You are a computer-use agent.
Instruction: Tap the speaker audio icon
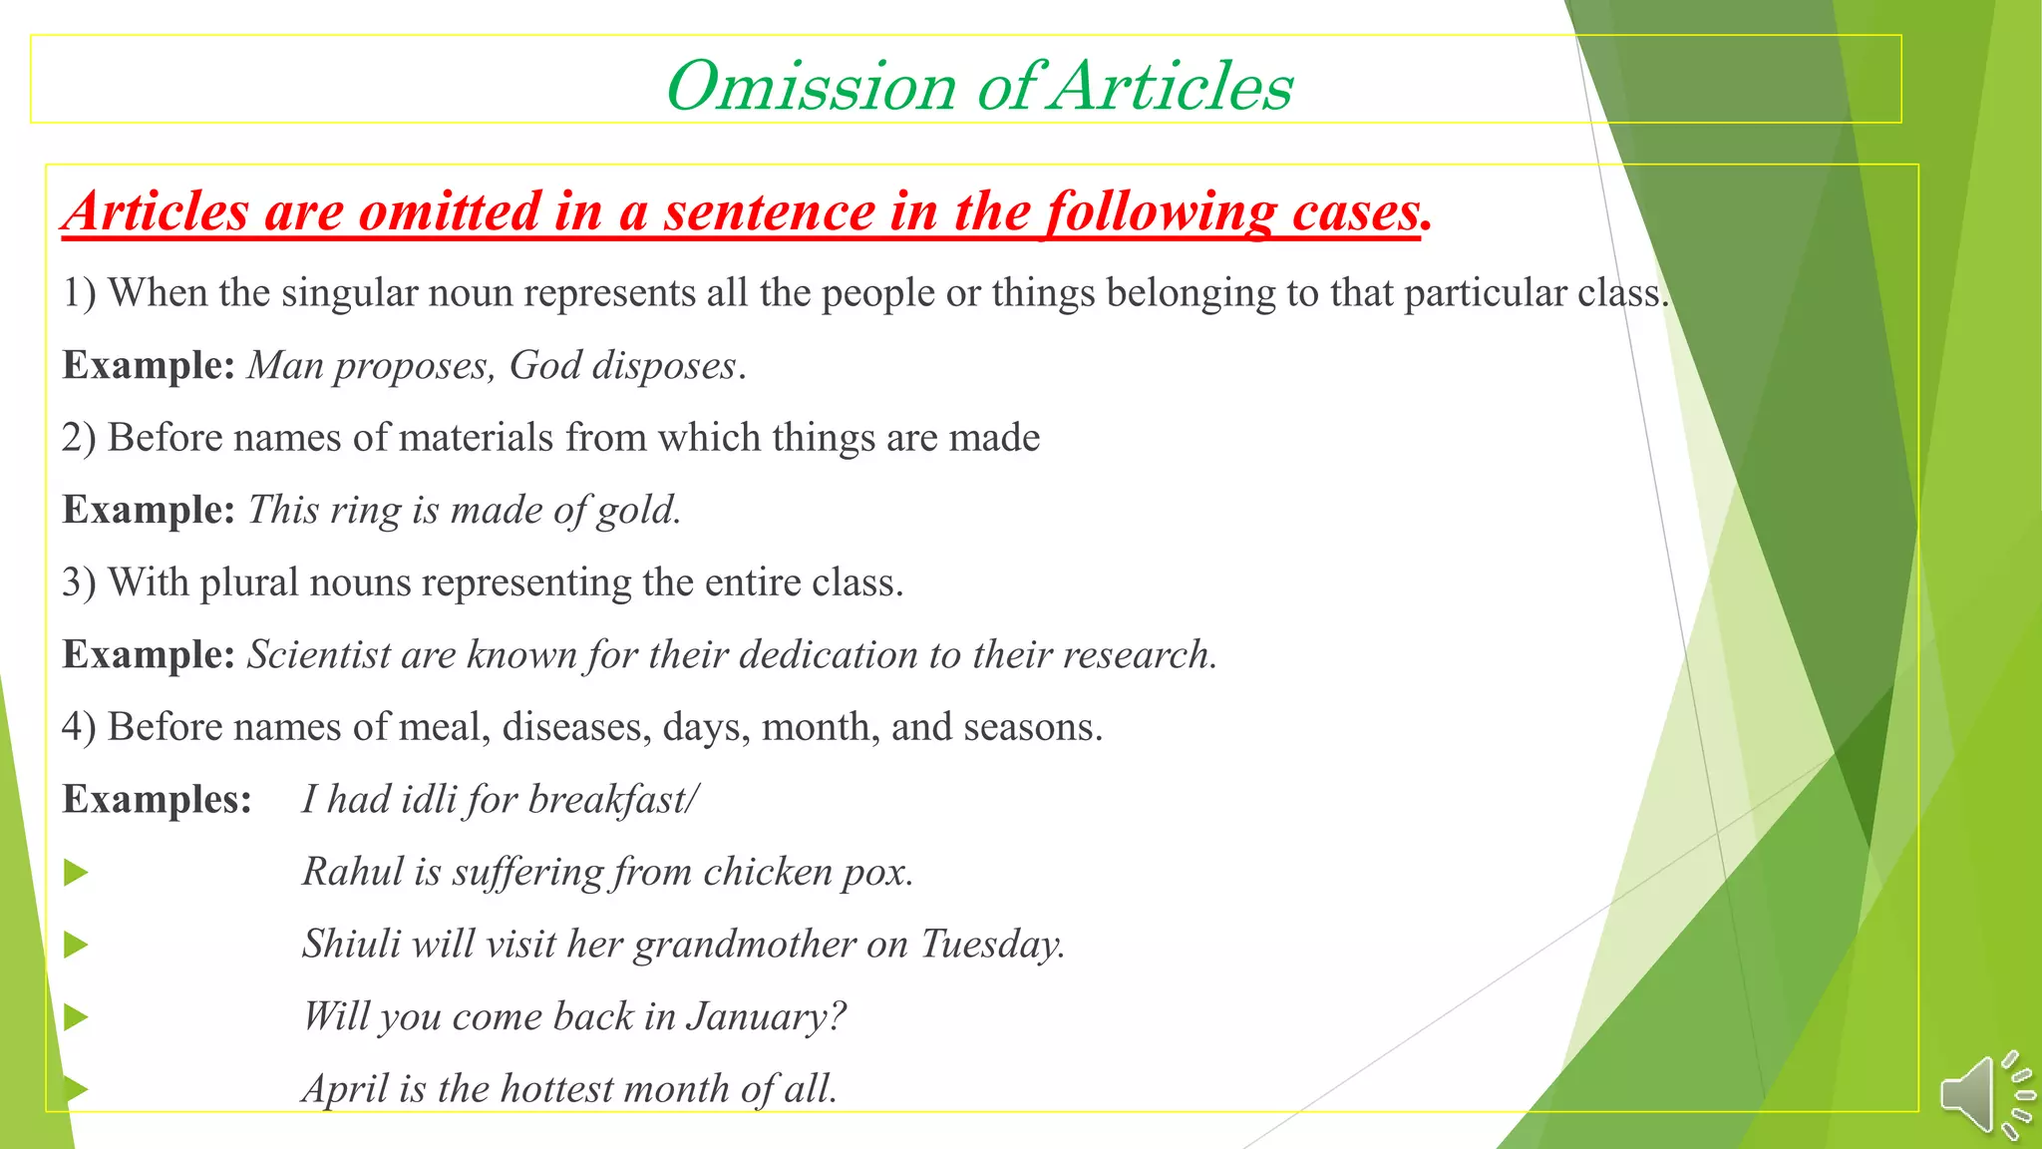(1984, 1094)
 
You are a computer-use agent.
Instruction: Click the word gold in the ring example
(638, 511)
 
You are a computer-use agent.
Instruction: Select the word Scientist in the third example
(319, 655)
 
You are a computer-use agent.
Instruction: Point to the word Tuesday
(992, 945)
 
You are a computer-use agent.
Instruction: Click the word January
(766, 1017)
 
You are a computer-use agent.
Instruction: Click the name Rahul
(353, 872)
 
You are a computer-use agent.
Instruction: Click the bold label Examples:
(157, 800)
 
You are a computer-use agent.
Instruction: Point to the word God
(544, 366)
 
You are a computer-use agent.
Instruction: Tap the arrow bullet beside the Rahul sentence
(76, 874)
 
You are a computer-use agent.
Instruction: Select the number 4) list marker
(79, 727)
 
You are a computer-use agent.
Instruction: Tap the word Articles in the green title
(1173, 86)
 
